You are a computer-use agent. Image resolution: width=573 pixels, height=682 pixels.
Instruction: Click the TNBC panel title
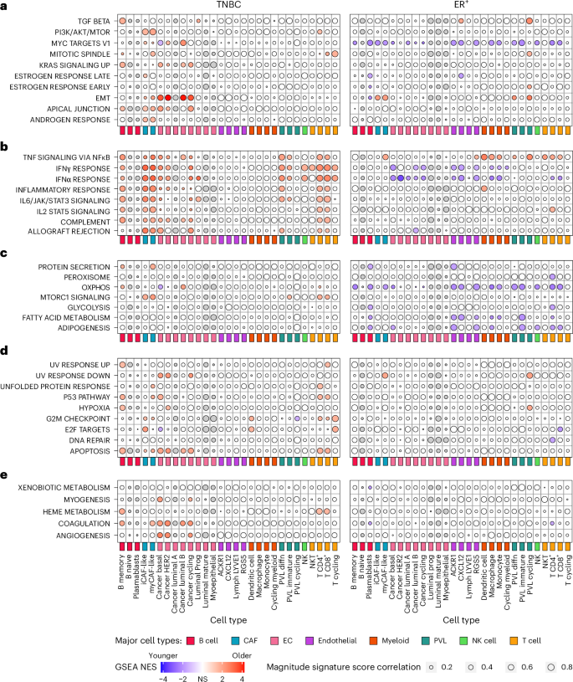coord(226,6)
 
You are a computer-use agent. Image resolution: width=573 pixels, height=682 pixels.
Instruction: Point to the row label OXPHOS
coord(92,286)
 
